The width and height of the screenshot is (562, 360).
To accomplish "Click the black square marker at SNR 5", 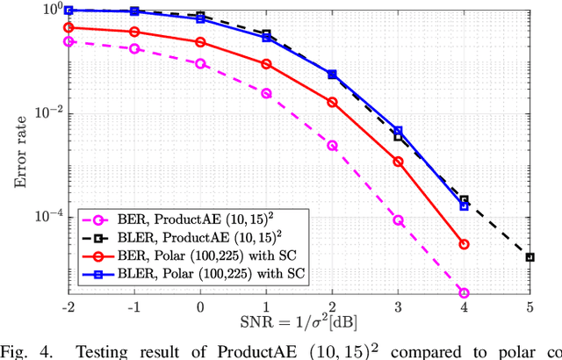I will pos(530,257).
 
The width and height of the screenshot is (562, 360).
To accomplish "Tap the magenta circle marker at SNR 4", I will pos(464,293).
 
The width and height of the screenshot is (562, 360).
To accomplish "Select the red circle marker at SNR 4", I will pos(464,244).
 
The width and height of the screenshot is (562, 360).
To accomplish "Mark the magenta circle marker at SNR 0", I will pos(200,63).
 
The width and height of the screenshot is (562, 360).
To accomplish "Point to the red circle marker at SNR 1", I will pos(266,64).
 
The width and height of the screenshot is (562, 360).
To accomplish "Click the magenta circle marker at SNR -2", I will pos(68,41).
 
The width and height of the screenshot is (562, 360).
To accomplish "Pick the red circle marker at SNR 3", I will pos(398,162).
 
